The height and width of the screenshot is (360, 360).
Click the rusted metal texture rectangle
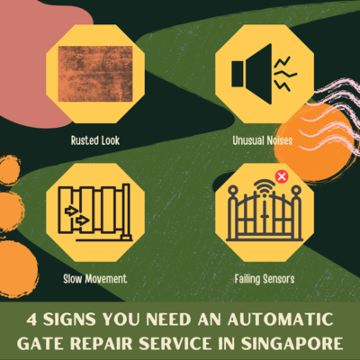point(95,74)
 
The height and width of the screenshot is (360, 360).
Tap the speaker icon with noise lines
point(264,74)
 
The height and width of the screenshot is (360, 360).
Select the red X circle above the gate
point(282,176)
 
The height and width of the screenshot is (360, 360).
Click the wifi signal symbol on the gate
point(265,186)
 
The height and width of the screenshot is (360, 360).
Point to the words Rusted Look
point(95,140)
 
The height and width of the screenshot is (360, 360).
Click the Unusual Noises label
point(263,140)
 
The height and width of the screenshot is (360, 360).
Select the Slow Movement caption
point(95,279)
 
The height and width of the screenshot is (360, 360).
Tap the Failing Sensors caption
point(265,279)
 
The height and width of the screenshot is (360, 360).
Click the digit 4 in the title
point(31,319)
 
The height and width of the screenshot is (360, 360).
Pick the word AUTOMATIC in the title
point(281,319)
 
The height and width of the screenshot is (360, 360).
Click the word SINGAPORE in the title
point(292,344)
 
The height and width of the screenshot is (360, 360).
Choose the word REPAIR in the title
point(102,344)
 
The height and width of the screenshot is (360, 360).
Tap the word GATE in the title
point(40,344)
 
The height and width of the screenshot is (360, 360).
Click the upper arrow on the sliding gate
point(72,211)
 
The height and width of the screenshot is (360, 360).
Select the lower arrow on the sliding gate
point(82,220)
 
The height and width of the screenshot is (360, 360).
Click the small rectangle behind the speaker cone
point(238,74)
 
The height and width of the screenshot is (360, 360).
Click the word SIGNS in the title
point(69,319)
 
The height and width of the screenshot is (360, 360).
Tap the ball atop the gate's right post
point(296,190)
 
